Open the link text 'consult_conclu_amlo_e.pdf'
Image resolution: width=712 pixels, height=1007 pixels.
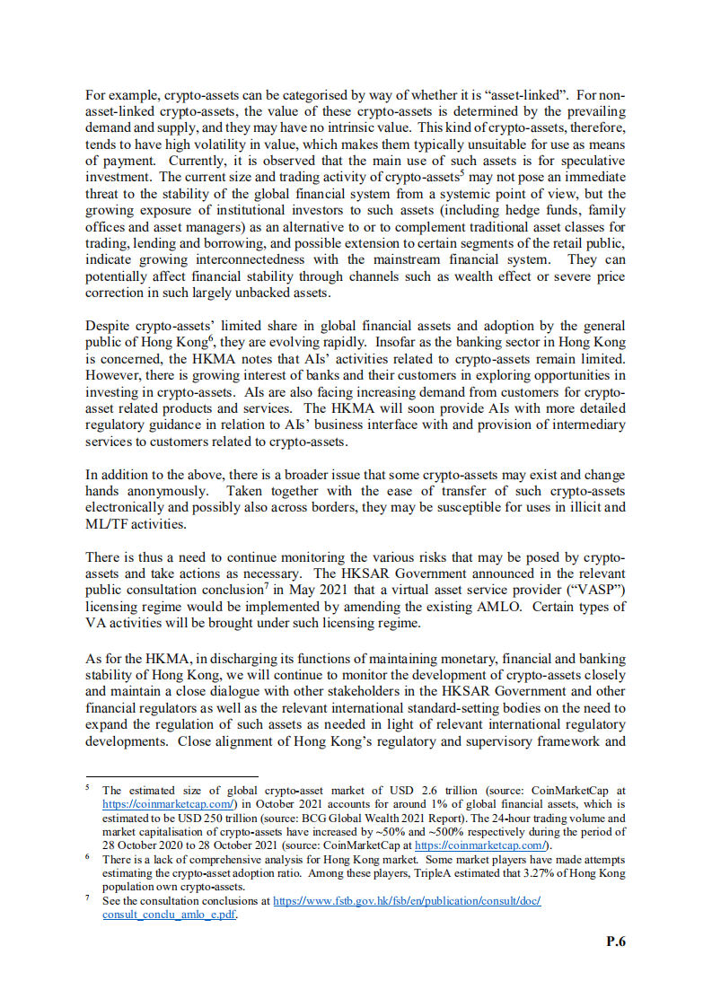tap(170, 914)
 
